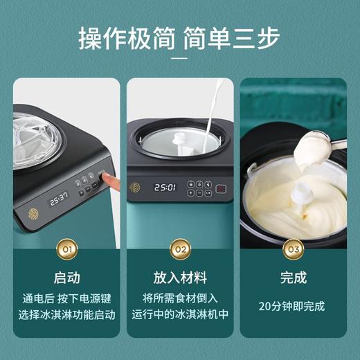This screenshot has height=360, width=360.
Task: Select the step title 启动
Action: pos(66,278)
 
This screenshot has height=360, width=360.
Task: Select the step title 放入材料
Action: pos(180,278)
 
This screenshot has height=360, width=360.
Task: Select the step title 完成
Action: pos(293,278)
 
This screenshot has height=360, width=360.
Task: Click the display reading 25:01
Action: pos(165,188)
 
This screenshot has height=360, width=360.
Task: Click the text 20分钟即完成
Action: pos(293,305)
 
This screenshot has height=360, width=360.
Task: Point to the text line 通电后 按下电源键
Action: pos(66,298)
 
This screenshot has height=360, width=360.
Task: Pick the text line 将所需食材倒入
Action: pos(180,298)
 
